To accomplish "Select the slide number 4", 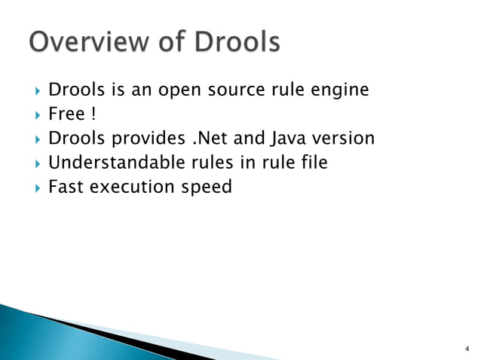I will (467, 349).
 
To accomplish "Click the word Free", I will (66, 114).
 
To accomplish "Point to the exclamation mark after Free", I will (93, 114).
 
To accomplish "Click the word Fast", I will (66, 186).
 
